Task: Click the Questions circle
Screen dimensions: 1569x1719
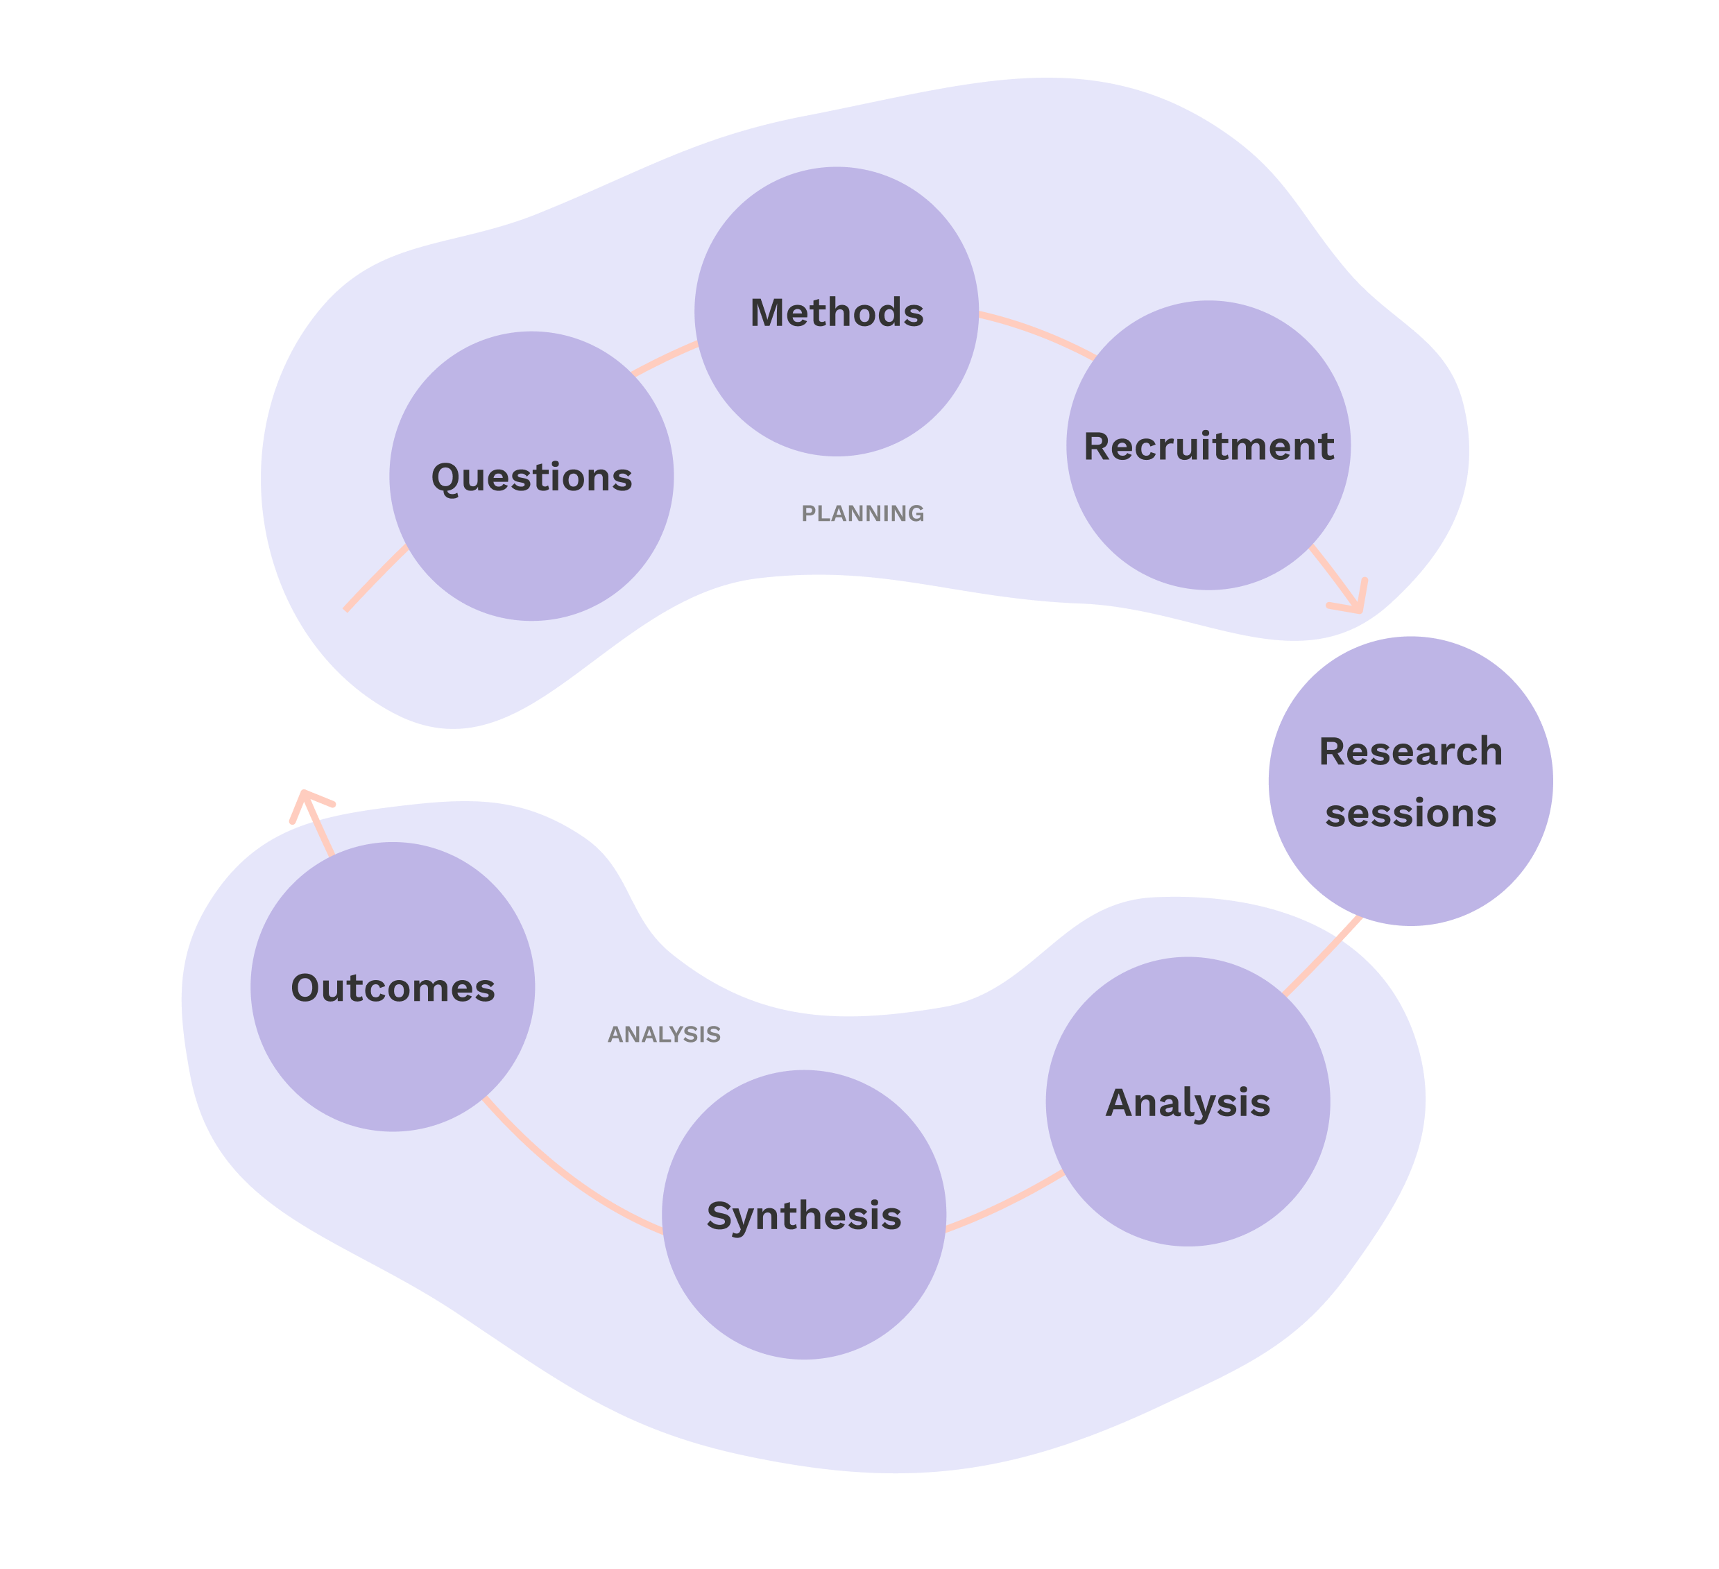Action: [x=531, y=512]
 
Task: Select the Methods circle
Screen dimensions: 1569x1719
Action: [x=836, y=375]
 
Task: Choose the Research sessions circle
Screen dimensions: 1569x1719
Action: [x=1410, y=861]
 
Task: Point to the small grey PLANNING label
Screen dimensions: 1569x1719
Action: [x=862, y=513]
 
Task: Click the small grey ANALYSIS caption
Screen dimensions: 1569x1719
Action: [x=663, y=1034]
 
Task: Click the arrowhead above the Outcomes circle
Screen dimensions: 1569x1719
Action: [x=307, y=802]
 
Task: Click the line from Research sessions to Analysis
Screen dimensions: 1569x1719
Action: [x=1322, y=955]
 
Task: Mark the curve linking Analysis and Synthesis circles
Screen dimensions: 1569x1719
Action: [x=1006, y=1204]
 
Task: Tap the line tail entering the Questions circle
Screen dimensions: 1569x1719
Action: [x=375, y=578]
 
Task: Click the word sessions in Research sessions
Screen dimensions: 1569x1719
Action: [x=1410, y=813]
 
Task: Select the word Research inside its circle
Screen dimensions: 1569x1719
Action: [x=1410, y=752]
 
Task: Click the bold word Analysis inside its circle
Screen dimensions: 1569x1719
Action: [x=1187, y=1103]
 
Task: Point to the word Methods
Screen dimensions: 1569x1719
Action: [x=836, y=313]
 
